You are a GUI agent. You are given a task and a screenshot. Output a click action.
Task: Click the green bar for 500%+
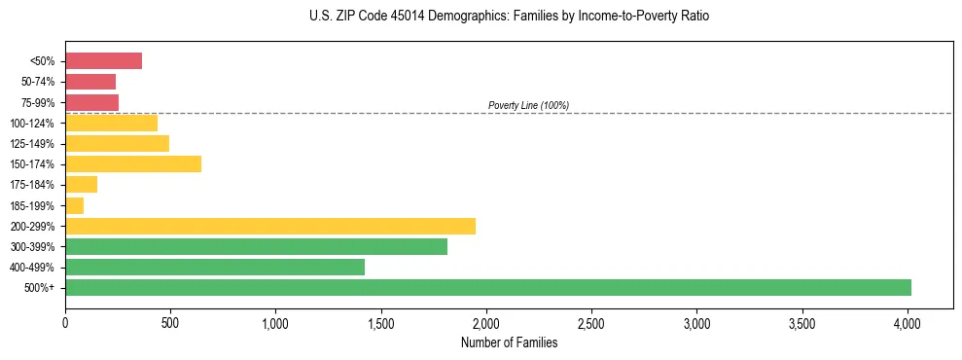point(488,287)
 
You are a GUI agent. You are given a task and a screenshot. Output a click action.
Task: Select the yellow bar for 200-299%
point(270,226)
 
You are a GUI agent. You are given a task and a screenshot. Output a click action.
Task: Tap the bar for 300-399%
point(256,246)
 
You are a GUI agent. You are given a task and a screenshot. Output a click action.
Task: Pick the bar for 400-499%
point(215,267)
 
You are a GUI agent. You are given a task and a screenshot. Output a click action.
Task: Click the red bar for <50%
point(103,61)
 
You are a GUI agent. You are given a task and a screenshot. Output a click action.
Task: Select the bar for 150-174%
point(133,163)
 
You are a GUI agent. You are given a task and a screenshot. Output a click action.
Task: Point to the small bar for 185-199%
point(75,205)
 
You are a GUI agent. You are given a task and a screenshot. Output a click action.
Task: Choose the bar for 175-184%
point(82,185)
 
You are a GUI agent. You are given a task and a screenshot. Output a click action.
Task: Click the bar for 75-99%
point(91,102)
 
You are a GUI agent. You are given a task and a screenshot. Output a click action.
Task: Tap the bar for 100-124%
point(111,123)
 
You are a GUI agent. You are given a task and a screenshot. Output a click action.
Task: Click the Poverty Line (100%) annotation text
point(528,105)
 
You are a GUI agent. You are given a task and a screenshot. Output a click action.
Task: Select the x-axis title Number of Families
point(510,342)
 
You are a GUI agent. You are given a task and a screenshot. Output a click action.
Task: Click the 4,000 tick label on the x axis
point(908,322)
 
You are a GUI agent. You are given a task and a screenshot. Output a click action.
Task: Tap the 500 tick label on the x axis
point(170,322)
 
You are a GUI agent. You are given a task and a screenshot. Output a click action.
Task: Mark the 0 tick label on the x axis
point(65,322)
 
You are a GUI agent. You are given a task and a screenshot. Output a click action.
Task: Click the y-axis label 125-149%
point(32,144)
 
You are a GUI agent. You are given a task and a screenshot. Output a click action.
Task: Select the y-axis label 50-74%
point(38,82)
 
